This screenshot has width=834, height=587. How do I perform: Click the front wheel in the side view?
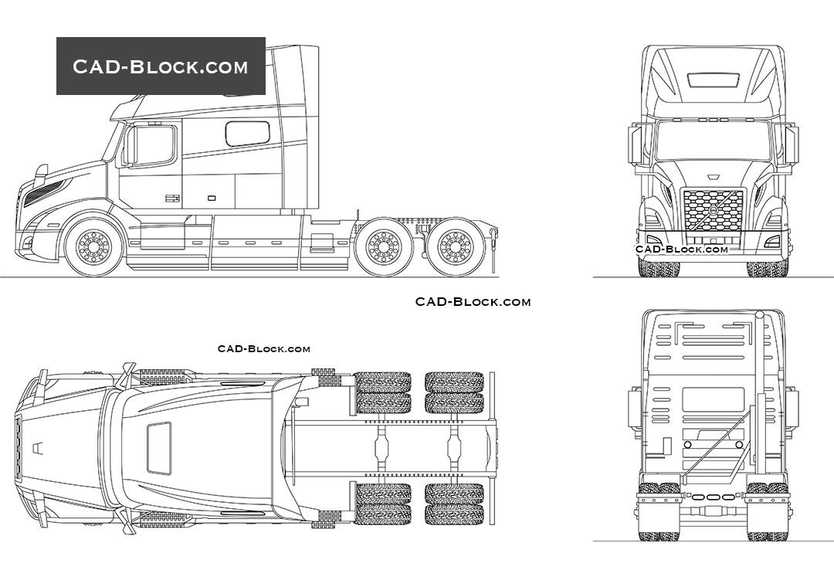(x=94, y=246)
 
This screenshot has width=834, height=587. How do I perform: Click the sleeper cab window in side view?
(x=247, y=133)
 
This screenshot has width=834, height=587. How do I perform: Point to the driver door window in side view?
(x=152, y=145)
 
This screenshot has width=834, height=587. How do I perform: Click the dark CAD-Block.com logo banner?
(x=161, y=66)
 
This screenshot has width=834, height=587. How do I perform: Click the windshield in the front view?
(x=713, y=143)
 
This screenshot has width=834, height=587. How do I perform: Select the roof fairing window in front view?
(x=713, y=79)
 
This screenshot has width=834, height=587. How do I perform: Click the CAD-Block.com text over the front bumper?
(x=682, y=249)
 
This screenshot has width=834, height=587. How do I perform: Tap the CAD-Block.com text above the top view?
(x=264, y=349)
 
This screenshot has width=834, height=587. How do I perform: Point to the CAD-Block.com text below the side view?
(x=473, y=302)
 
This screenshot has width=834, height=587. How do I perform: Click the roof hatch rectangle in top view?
(x=159, y=448)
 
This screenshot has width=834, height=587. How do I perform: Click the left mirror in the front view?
(x=634, y=144)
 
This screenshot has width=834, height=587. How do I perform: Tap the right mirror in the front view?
(x=792, y=144)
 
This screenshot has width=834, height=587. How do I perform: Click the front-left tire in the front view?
(x=658, y=268)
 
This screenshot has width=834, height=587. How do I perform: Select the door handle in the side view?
(x=172, y=198)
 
